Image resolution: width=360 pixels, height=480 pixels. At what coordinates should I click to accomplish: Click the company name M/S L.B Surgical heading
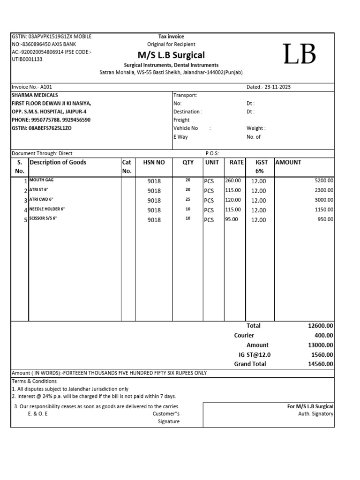tap(171, 54)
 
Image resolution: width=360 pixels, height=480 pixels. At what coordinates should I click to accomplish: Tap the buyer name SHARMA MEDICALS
tap(35, 95)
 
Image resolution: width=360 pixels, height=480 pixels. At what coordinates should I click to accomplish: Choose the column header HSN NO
tap(154, 162)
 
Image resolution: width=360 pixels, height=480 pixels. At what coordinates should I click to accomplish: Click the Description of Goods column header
tap(58, 162)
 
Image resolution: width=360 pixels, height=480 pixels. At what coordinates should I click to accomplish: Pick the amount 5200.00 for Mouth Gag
tap(324, 180)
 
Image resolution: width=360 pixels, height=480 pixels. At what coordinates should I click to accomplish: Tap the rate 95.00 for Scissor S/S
tap(232, 219)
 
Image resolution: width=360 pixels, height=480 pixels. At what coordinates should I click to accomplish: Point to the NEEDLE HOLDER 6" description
tap(46, 209)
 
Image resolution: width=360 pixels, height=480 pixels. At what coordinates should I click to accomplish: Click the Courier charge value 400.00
tap(324, 335)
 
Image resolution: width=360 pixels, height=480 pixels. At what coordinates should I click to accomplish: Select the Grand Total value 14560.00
tap(321, 364)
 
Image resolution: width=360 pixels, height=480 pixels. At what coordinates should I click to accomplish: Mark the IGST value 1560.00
tap(322, 355)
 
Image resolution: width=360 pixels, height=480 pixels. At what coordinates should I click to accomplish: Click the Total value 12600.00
tap(321, 326)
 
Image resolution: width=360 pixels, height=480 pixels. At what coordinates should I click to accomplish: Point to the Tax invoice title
tap(171, 37)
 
